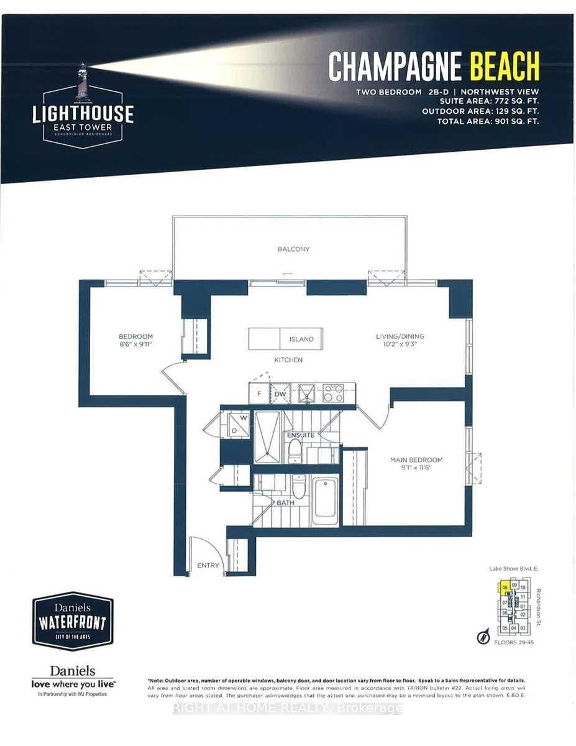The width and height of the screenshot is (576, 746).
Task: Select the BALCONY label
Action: (x=293, y=249)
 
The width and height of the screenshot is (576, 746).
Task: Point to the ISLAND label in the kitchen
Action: (x=301, y=339)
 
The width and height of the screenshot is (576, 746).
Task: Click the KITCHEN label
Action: (x=288, y=360)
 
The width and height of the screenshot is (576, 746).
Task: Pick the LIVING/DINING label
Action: (x=400, y=336)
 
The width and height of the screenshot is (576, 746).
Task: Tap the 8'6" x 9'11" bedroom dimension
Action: (x=135, y=343)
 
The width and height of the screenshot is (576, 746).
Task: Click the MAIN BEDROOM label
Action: (x=416, y=460)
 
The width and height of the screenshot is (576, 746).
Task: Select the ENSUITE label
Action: (x=301, y=435)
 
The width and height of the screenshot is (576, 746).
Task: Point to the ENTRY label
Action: (x=208, y=565)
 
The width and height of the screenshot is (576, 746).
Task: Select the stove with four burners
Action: (x=333, y=392)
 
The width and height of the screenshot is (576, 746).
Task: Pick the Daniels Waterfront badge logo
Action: (x=73, y=622)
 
